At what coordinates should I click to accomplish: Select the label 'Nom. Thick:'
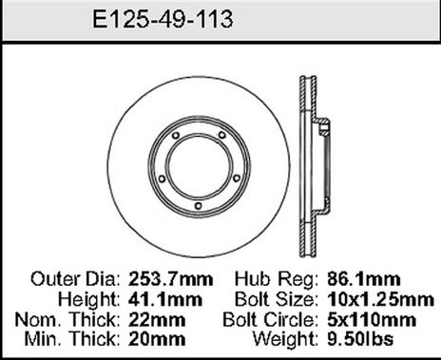[x=74, y=317]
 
